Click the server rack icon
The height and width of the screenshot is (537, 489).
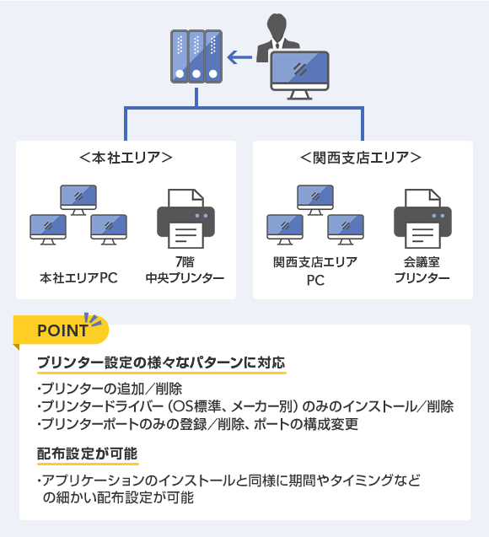[196, 56]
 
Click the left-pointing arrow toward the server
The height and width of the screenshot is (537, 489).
[239, 57]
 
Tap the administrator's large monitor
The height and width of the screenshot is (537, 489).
[299, 75]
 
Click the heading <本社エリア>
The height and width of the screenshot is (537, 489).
[126, 158]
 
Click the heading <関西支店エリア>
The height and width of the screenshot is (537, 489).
[361, 158]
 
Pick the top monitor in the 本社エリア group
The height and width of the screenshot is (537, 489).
[78, 200]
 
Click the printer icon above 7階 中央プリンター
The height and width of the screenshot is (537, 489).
[185, 218]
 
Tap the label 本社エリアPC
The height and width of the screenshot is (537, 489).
[78, 277]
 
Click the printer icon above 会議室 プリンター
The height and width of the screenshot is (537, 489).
[422, 218]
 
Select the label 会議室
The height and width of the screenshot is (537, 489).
[422, 262]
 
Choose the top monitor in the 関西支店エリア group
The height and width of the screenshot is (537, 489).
[315, 200]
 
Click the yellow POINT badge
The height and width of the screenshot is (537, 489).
[61, 330]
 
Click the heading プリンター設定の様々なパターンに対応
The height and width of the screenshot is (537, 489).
[161, 362]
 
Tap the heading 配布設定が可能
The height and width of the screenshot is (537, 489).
[88, 454]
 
